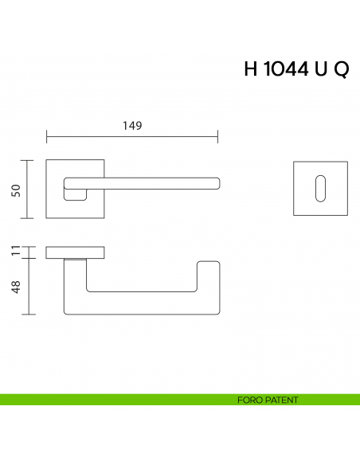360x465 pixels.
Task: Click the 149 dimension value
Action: click(132, 125)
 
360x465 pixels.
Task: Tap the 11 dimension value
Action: click(14, 252)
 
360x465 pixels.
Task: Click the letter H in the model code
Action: click(251, 69)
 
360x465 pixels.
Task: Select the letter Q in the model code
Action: click(340, 70)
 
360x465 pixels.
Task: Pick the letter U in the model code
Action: click(321, 69)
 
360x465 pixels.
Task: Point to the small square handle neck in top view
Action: click(76, 193)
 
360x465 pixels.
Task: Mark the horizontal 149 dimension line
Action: click(132, 137)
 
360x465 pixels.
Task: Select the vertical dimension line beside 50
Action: click(29, 189)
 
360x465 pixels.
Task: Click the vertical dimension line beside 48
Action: click(29, 287)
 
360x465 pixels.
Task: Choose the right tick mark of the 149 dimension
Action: click(218, 137)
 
